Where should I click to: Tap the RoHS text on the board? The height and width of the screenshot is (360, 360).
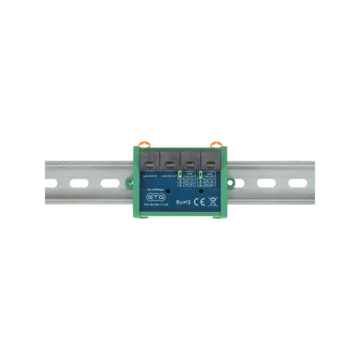pyautogui.click(x=184, y=202)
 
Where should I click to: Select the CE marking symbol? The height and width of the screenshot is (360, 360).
pyautogui.click(x=199, y=202)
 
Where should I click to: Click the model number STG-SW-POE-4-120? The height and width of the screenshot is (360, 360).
pyautogui.click(x=156, y=205)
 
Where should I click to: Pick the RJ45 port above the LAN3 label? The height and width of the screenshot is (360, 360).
pyautogui.click(x=190, y=160)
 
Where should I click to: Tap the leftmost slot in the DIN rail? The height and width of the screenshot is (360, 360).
pyautogui.click(x=50, y=183)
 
